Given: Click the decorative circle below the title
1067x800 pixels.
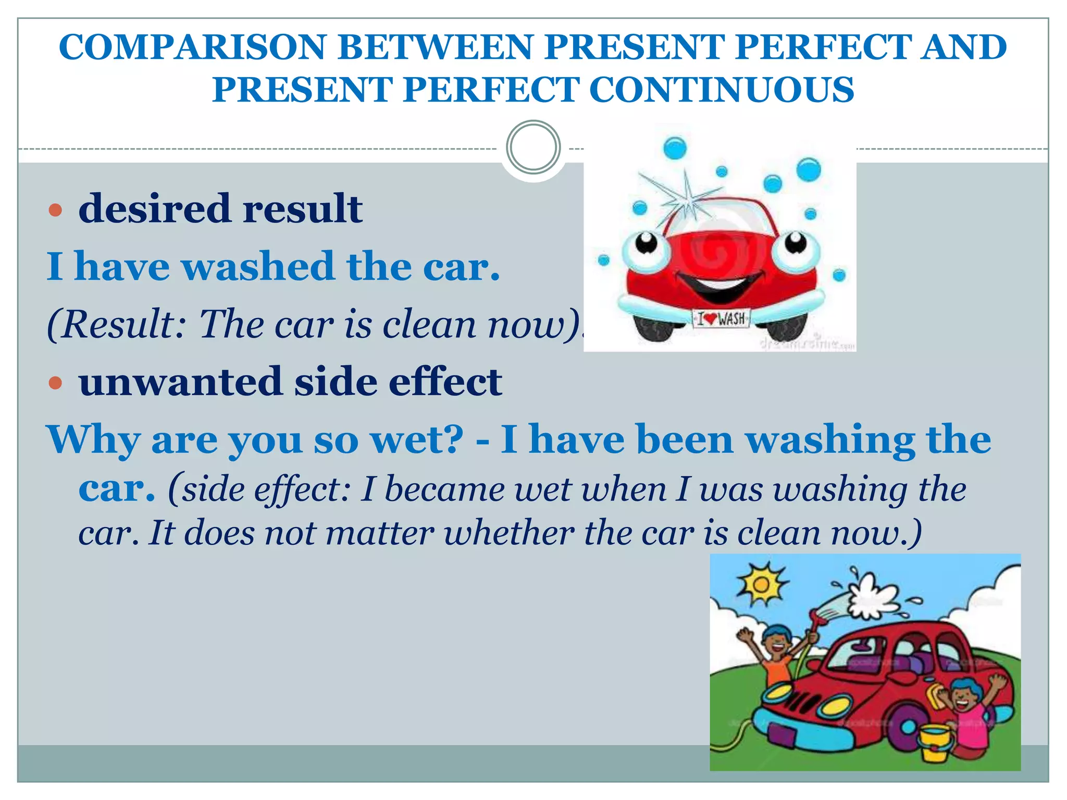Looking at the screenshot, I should pyautogui.click(x=533, y=147).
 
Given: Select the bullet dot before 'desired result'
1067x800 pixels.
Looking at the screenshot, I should pyautogui.click(x=55, y=210).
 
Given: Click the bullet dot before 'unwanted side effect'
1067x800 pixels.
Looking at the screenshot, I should pyautogui.click(x=55, y=383).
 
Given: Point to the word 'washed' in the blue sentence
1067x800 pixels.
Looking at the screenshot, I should pyautogui.click(x=257, y=267).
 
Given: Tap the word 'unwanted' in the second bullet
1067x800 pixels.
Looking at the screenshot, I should pyautogui.click(x=180, y=382).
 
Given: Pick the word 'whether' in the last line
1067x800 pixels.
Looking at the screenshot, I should pyautogui.click(x=509, y=533).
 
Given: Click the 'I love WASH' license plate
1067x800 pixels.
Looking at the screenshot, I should pyautogui.click(x=722, y=318).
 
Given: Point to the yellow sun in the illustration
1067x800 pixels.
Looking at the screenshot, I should pyautogui.click(x=761, y=584).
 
